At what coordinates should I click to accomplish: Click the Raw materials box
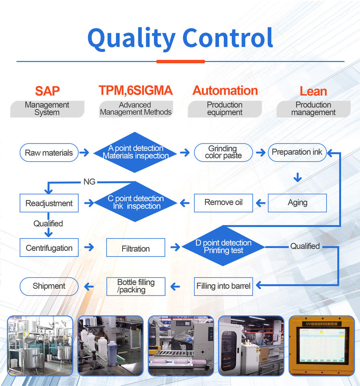click(x=49, y=153)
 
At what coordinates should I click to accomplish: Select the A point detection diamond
click(x=135, y=152)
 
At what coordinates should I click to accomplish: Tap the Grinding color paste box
click(x=223, y=152)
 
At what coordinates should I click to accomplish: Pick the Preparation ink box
click(x=297, y=152)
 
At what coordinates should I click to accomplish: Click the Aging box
click(x=297, y=203)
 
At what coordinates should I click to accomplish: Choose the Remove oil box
click(x=223, y=203)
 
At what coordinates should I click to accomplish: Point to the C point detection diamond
click(x=135, y=202)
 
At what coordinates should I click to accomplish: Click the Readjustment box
click(x=49, y=203)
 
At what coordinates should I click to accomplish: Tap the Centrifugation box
click(x=49, y=248)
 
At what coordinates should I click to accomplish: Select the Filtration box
click(x=135, y=248)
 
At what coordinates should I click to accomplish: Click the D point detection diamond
click(x=223, y=246)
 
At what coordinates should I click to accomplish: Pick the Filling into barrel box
click(x=223, y=286)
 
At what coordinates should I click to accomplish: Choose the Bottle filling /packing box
click(x=135, y=286)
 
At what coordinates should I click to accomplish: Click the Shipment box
click(x=49, y=286)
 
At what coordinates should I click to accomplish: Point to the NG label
click(x=89, y=182)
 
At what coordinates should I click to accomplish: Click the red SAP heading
click(x=47, y=91)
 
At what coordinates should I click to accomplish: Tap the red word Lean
click(x=313, y=91)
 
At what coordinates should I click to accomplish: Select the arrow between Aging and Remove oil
click(x=260, y=203)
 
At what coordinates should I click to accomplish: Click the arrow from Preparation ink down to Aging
click(x=297, y=177)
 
